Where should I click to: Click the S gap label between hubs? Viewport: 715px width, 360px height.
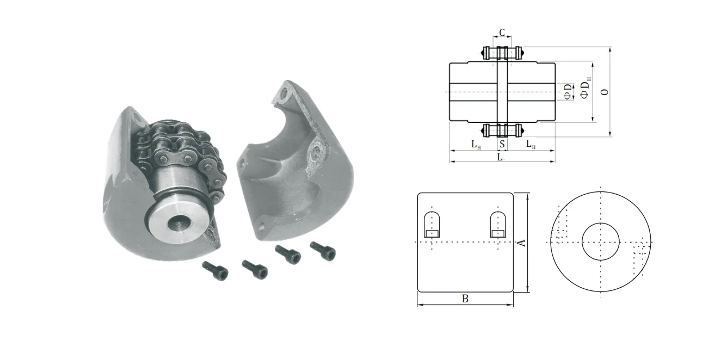coord(502,145)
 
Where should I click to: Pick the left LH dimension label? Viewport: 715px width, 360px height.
coord(476,145)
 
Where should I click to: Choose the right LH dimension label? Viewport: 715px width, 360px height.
coord(530,145)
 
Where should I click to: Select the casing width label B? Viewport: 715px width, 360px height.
coord(465,299)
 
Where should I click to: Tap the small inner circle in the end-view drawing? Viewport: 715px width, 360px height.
coord(600,241)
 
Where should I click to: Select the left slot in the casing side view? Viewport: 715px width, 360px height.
coord(432,224)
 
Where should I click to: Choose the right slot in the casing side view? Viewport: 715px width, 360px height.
coord(497,224)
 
